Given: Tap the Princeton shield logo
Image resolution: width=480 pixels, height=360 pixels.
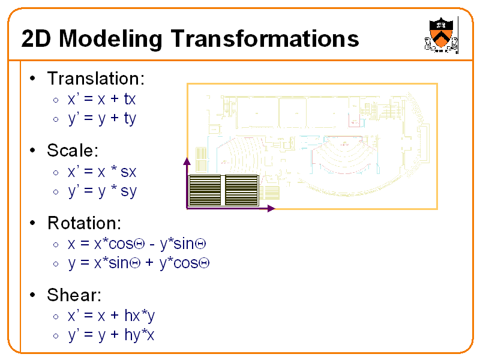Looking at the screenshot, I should (440, 35).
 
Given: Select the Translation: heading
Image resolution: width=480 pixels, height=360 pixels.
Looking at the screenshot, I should (96, 79).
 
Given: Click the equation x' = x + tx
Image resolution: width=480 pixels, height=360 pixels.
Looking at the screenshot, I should (102, 99).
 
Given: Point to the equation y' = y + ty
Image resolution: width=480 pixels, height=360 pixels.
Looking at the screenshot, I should (102, 118).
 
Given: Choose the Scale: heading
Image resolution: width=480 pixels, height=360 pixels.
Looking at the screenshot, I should (73, 150).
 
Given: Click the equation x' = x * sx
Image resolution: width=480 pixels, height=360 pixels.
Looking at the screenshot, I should (102, 172).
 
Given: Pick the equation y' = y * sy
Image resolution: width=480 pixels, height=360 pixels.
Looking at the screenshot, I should (102, 191).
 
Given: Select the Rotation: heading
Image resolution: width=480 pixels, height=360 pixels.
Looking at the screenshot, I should (85, 223).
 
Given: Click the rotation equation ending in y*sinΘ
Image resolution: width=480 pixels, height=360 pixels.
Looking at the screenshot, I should (137, 244).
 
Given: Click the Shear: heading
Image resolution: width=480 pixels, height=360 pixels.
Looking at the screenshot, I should (74, 295).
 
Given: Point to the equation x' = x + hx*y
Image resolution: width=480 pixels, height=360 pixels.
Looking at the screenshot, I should (112, 316).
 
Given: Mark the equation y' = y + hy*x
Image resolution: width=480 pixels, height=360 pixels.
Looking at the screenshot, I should (112, 335).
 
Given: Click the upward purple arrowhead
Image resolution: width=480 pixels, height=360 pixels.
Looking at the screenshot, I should (187, 161).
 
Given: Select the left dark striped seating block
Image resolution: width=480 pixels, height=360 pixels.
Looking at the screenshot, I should (205, 191).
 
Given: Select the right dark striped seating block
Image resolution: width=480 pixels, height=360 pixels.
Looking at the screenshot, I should (241, 191).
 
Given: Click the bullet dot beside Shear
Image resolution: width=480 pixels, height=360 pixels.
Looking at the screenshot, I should (34, 295).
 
